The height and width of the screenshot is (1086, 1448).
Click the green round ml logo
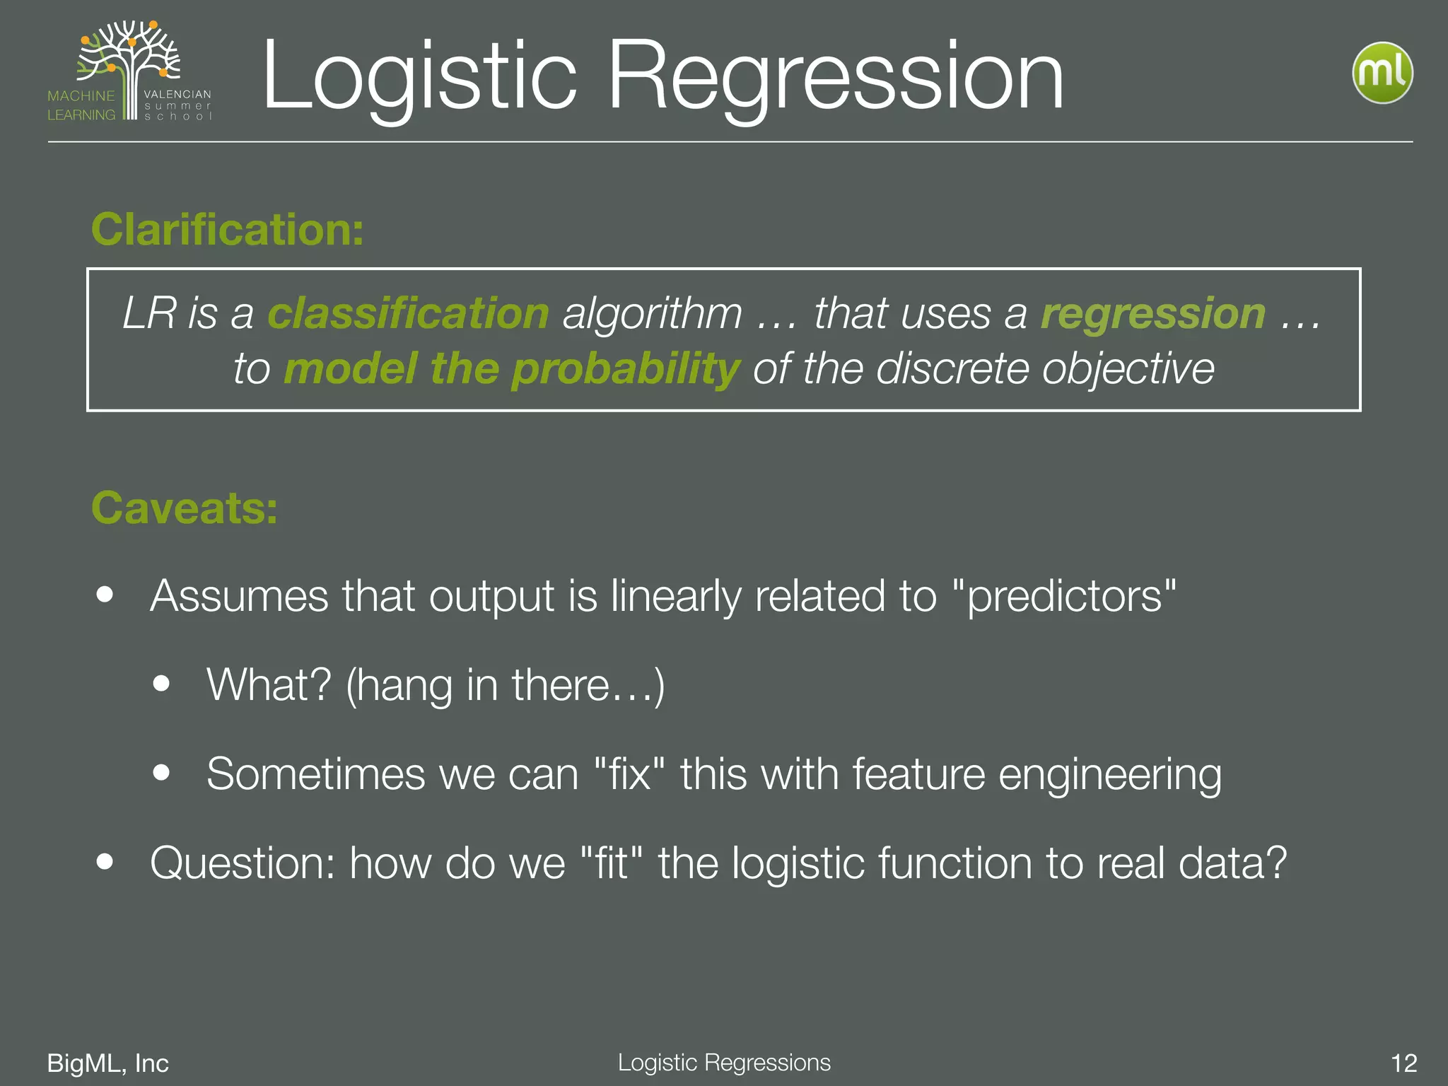coord(1382,73)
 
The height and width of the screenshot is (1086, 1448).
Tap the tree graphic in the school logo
coord(131,60)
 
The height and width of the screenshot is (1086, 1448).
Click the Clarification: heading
coord(227,230)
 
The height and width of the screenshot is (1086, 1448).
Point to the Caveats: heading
coord(185,508)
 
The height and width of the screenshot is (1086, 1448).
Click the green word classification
coord(408,313)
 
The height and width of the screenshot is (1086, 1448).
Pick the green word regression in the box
coord(1152,313)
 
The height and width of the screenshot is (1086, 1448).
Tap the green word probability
coord(625,369)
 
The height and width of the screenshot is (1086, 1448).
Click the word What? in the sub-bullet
coord(269,684)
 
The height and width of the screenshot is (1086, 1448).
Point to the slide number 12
coord(1403,1063)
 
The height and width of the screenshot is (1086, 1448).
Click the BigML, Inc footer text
coord(107,1063)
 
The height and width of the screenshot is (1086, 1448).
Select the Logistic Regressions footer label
coord(724,1062)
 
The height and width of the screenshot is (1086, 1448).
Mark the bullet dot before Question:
coord(105,861)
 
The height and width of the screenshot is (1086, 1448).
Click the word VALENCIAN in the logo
coord(177,94)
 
